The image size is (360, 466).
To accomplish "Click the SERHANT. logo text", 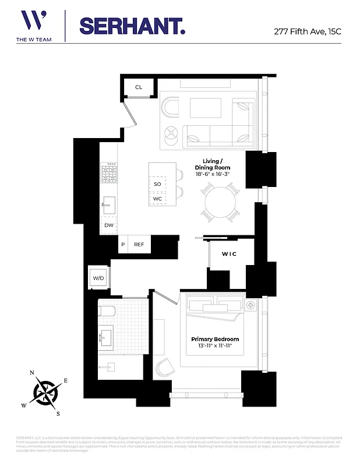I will [x=132, y=26].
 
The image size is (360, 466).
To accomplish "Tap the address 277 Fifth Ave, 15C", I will [x=308, y=31].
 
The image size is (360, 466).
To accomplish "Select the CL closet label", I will [x=139, y=87].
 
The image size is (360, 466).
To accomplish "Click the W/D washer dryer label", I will [x=98, y=278].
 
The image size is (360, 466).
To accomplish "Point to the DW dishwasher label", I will [x=109, y=225].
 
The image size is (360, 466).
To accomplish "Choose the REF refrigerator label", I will [x=139, y=245].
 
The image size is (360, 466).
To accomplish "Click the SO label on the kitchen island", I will [x=157, y=184].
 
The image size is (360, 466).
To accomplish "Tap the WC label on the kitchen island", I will [x=157, y=199].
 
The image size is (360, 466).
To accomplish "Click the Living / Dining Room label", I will [x=216, y=164].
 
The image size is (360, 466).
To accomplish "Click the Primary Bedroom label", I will [x=215, y=339].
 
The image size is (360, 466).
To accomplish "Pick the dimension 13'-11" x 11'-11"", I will [x=215, y=347].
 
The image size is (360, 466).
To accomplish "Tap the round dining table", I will [x=220, y=202].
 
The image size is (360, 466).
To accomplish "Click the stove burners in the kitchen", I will [x=109, y=174].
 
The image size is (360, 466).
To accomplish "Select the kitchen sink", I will [x=109, y=205].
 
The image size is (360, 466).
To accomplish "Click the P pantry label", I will [x=123, y=245].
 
